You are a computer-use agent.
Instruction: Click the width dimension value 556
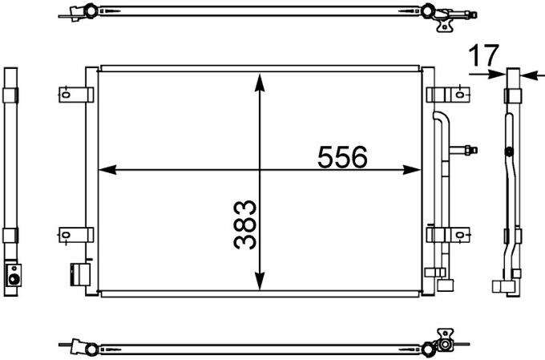(x=342, y=157)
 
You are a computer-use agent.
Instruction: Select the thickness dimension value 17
(x=482, y=55)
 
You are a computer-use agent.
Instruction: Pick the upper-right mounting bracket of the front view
(x=449, y=95)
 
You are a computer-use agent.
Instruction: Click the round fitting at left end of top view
(x=91, y=11)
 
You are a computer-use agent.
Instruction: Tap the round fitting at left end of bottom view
(x=91, y=348)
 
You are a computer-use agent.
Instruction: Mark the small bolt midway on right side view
(x=508, y=152)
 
